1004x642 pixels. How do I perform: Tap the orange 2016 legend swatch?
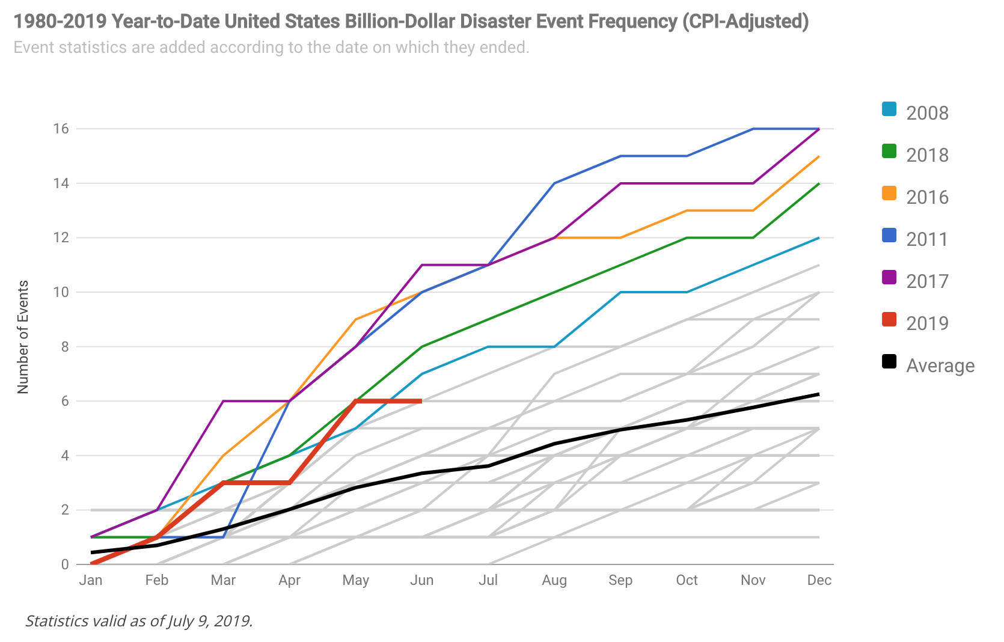(x=889, y=194)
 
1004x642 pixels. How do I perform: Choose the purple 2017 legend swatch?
(x=889, y=278)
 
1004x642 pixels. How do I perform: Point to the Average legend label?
(x=940, y=365)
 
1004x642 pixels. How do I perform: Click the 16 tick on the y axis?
(x=61, y=129)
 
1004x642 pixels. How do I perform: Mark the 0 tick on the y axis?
(x=64, y=564)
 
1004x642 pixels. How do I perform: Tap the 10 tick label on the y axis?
(x=61, y=292)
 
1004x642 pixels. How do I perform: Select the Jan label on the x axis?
(x=91, y=580)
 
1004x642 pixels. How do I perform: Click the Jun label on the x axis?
(x=421, y=580)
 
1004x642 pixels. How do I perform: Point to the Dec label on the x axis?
(x=819, y=580)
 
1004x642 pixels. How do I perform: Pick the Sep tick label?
(x=620, y=580)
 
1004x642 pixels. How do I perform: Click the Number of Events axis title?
(x=23, y=337)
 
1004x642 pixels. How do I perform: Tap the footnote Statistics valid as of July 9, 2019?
(x=139, y=621)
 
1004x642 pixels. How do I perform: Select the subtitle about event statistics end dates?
(x=271, y=47)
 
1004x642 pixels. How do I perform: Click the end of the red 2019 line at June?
(x=421, y=401)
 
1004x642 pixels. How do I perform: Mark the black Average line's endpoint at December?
(x=819, y=394)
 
